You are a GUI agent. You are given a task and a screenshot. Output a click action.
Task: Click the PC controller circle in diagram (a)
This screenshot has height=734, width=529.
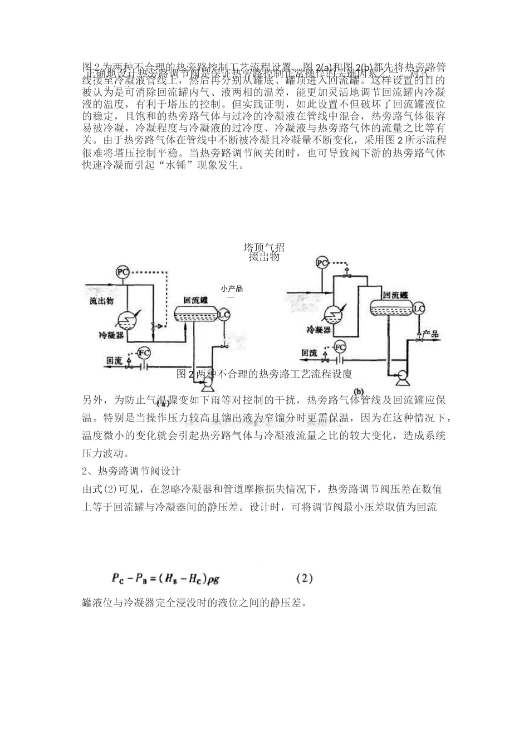pos(123,272)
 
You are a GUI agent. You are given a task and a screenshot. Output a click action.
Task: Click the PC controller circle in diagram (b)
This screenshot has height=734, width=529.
pos(322,262)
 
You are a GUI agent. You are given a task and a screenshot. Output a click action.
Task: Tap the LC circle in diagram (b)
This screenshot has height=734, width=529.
pos(418,309)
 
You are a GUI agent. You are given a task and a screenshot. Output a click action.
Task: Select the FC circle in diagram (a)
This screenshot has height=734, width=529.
pos(144,353)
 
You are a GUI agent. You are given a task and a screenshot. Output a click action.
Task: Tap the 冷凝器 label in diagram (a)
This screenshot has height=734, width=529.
pos(111,335)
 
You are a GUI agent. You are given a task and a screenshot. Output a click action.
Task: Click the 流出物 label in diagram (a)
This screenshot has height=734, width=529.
pos(101,301)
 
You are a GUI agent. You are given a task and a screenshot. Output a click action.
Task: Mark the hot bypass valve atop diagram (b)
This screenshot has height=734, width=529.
pos(346,273)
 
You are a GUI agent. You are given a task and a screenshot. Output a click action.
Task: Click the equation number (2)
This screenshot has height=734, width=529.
pos(305,579)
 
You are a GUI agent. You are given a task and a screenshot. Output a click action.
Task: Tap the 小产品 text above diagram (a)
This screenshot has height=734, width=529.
pos(232,289)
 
